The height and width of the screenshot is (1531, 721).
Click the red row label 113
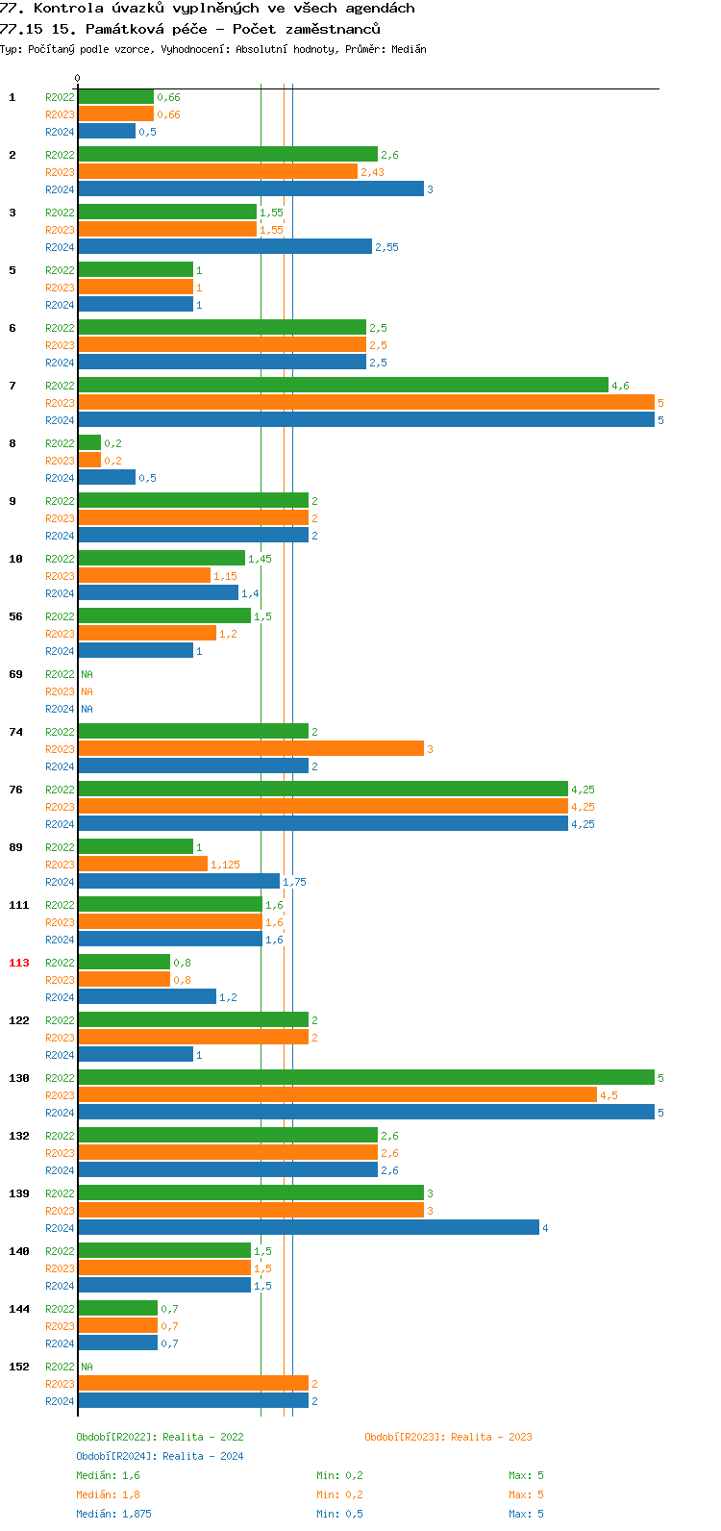pyautogui.click(x=19, y=963)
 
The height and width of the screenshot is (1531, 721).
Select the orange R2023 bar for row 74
pyautogui.click(x=250, y=749)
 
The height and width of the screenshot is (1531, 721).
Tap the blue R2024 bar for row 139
pyautogui.click(x=308, y=1228)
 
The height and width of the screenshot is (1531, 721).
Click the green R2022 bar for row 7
pyautogui.click(x=342, y=386)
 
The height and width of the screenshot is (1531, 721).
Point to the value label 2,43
pyautogui.click(x=372, y=172)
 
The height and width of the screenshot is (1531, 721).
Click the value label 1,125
pyautogui.click(x=225, y=865)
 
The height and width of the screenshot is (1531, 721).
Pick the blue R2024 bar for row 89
pyautogui.click(x=179, y=882)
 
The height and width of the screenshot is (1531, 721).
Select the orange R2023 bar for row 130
pyautogui.click(x=336, y=1095)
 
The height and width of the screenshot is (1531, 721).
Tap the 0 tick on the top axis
pyautogui.click(x=78, y=79)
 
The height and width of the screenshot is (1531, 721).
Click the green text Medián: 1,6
pyautogui.click(x=108, y=1475)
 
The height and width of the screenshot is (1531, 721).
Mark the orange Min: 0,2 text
pyautogui.click(x=339, y=1494)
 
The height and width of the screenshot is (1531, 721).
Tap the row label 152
pyautogui.click(x=19, y=1367)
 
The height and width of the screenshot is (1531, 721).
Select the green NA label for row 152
pyautogui.click(x=87, y=1367)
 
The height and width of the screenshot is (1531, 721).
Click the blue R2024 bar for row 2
pyautogui.click(x=250, y=189)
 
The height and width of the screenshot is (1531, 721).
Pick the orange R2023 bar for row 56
pyautogui.click(x=147, y=634)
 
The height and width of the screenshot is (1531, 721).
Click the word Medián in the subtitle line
pyautogui.click(x=410, y=49)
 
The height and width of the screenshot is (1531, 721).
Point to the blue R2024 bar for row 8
pyautogui.click(x=107, y=478)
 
